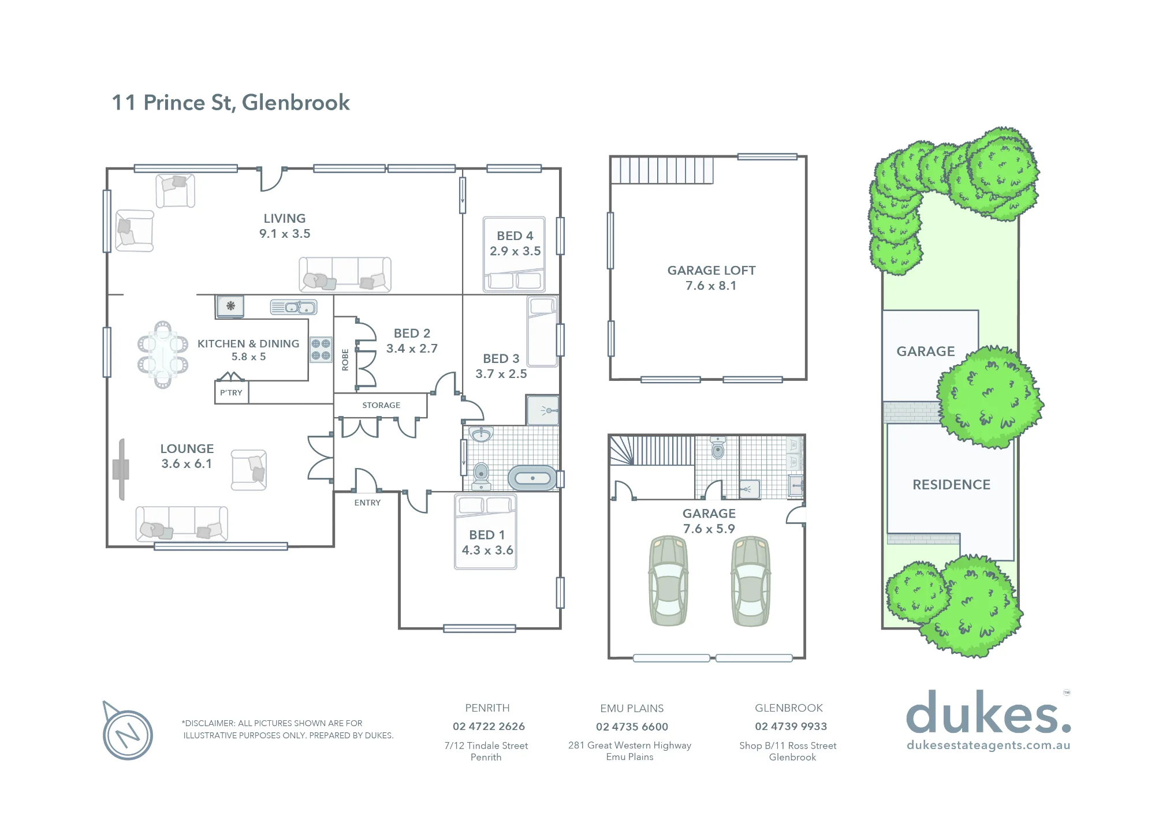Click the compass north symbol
tap(127, 732)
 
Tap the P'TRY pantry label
tap(231, 392)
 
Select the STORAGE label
tap(381, 405)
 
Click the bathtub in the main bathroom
tap(532, 478)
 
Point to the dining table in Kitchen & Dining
tap(163, 354)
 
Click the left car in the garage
tap(669, 581)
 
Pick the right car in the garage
tap(751, 581)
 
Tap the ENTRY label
tap(367, 503)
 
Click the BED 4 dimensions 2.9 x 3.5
tap(515, 251)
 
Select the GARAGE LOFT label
tap(711, 270)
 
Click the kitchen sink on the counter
tap(294, 307)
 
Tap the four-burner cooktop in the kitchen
tap(321, 349)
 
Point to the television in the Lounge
tap(121, 469)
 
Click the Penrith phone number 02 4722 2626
tap(489, 727)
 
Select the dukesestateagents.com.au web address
tap(989, 745)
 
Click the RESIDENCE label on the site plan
tap(951, 485)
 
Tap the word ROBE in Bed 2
tap(345, 360)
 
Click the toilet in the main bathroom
tap(481, 475)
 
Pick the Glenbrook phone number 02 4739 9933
tap(791, 727)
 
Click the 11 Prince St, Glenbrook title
tap(230, 103)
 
